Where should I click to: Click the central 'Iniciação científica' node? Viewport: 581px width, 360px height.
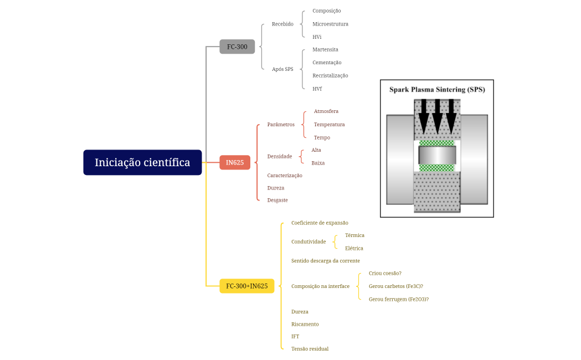pos(142,162)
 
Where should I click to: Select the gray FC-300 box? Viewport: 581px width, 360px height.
pos(237,47)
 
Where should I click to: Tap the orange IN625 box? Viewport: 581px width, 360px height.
pos(235,162)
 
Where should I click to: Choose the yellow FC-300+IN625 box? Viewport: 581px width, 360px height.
pos(246,286)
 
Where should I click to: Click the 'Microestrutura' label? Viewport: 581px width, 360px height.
pos(330,24)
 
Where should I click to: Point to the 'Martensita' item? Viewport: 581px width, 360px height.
pos(325,49)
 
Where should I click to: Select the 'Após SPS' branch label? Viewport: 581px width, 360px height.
pos(282,69)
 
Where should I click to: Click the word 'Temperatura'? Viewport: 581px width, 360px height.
pos(329,125)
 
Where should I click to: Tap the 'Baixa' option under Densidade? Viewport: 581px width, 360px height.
pos(318,163)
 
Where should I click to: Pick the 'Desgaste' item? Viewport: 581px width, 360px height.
pos(277,200)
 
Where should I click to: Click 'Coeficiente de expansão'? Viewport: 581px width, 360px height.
pos(320,223)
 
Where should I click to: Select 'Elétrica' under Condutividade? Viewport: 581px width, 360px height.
pos(354,248)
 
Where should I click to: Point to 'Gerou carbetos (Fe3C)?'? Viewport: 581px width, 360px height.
pos(395,286)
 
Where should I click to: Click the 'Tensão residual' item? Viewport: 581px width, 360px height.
pos(310,349)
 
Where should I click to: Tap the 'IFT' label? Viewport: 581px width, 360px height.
pos(295,336)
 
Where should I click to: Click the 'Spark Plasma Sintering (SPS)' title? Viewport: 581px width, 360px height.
pos(437,89)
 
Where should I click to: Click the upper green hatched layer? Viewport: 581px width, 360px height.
pos(437,143)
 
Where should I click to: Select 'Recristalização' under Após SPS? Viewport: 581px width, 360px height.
pos(330,75)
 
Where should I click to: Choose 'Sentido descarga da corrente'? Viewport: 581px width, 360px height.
pos(325,260)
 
